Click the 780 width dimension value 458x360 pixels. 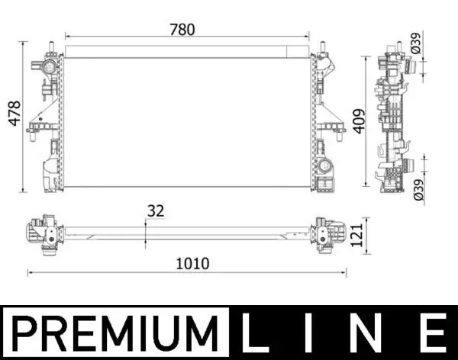(x=182, y=30)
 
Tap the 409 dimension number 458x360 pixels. (x=360, y=119)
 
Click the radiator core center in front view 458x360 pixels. (x=187, y=122)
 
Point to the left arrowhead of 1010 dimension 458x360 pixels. (x=30, y=272)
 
